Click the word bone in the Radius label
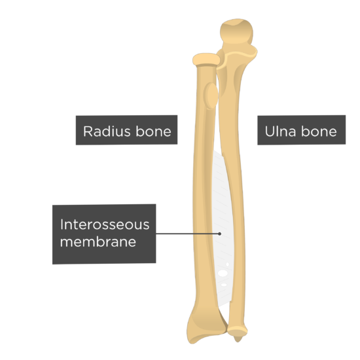[153, 132]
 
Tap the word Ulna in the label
[280, 132]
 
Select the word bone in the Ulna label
[319, 132]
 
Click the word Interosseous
[105, 225]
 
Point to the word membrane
[98, 242]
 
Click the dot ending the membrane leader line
[220, 234]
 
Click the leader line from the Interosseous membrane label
[188, 234]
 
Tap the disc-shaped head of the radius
[206, 60]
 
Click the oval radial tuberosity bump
[211, 96]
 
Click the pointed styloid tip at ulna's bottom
[238, 339]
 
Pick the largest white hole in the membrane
[223, 273]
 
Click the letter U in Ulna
[270, 132]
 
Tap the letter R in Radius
[88, 132]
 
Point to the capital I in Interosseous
[62, 225]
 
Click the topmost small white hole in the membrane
[228, 264]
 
